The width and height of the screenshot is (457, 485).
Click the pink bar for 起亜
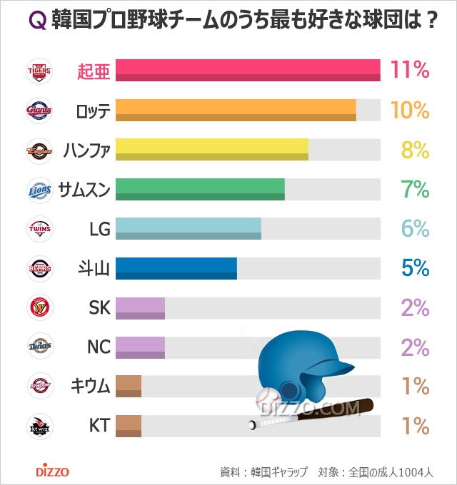247,71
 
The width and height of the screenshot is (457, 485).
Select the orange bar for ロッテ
236,110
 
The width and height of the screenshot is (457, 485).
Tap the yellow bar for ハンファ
211,149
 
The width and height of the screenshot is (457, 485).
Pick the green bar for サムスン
200,189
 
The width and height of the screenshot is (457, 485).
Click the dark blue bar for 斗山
176,267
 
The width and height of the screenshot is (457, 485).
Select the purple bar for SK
140,307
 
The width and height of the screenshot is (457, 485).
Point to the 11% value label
409,71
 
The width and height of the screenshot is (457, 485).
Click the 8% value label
414,150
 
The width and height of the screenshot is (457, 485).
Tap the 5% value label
414,268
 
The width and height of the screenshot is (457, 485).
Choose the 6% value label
414,229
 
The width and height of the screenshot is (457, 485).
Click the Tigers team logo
39,71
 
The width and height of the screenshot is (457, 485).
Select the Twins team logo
39,229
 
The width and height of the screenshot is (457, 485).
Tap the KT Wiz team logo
39,427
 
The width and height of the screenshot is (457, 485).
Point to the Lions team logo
39,190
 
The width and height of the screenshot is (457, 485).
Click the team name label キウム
90,387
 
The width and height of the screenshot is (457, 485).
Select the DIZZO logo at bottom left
52,471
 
